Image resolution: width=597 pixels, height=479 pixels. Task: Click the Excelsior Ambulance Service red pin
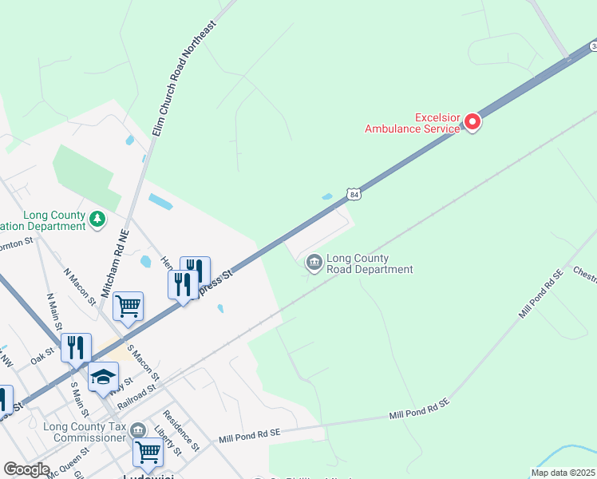pos(472,122)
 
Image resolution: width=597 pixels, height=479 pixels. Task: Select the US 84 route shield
pos(354,194)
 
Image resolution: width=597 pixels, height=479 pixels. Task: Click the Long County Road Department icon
pos(314,262)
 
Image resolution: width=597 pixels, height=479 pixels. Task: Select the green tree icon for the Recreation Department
pos(97,219)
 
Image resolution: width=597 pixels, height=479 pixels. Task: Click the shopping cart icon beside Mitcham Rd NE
pos(128,305)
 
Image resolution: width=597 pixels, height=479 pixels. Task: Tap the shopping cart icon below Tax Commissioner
pos(148,452)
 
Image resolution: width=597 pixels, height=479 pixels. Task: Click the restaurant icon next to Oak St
pos(76,347)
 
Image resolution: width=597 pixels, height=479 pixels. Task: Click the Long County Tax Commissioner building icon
pos(138,431)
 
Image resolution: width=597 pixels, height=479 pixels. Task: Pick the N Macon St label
pos(80,284)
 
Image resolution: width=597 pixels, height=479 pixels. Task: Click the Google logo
pos(26,469)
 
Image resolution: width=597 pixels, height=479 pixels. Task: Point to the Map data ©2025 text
pos(563,473)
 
